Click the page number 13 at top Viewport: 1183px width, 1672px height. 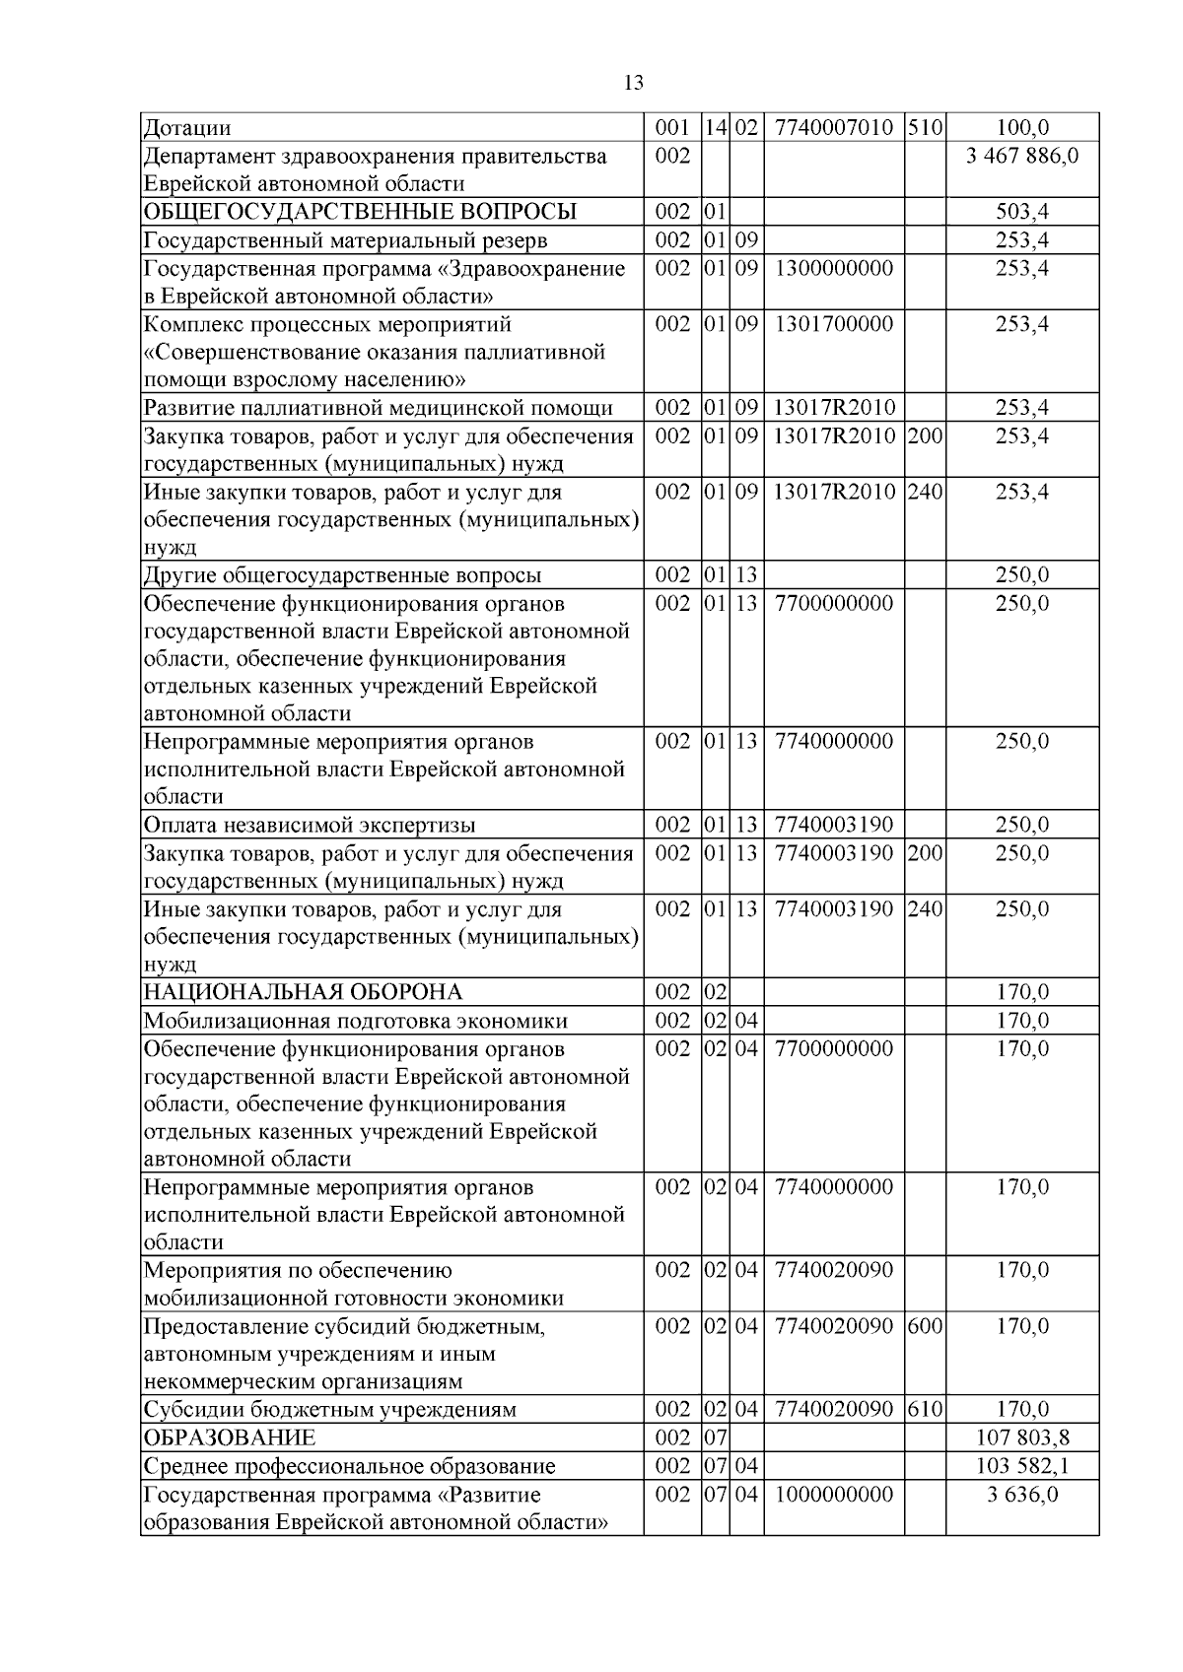[x=634, y=83]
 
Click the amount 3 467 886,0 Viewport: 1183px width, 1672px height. [x=1022, y=156]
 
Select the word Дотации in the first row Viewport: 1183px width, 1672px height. [x=187, y=128]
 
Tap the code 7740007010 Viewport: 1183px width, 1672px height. [x=834, y=128]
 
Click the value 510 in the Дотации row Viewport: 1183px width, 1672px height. [x=925, y=128]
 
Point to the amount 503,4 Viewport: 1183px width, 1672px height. [x=1022, y=212]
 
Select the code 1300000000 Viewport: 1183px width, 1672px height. [x=834, y=269]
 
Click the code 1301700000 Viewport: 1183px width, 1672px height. [x=834, y=324]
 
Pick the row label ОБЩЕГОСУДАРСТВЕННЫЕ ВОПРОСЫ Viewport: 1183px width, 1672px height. [x=360, y=212]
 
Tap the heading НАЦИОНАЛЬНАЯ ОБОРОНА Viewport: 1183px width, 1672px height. [x=303, y=992]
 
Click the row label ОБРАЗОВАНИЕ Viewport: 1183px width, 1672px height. [x=230, y=1438]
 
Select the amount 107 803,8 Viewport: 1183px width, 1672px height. [x=1022, y=1438]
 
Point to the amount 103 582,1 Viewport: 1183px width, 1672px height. [x=1022, y=1466]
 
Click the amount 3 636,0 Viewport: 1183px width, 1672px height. [x=1022, y=1495]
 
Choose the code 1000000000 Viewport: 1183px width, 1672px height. [x=834, y=1495]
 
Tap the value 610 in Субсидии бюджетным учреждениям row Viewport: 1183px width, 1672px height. [x=925, y=1410]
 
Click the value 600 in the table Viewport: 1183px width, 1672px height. [x=925, y=1326]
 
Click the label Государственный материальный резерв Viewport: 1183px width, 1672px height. [x=346, y=240]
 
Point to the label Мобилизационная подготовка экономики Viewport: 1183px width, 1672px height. [x=356, y=1021]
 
